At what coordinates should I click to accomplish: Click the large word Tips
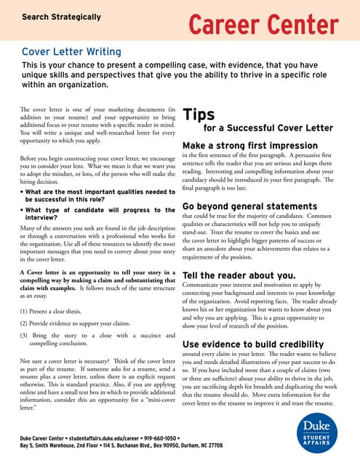[x=198, y=115]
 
